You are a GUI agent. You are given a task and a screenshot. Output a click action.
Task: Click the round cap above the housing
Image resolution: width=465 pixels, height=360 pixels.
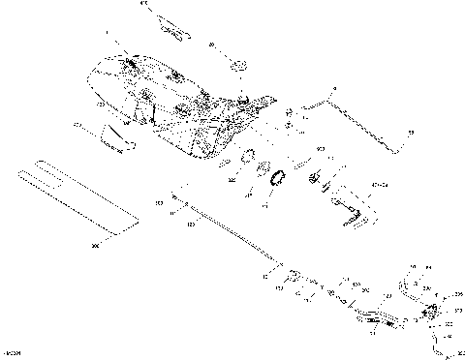point(236,66)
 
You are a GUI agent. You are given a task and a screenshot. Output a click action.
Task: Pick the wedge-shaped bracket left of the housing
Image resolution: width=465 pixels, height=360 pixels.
point(116,138)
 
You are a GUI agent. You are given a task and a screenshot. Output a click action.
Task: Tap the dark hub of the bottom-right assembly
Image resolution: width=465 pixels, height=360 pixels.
point(431,311)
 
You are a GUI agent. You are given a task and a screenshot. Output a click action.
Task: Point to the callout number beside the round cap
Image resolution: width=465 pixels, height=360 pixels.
point(212,44)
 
